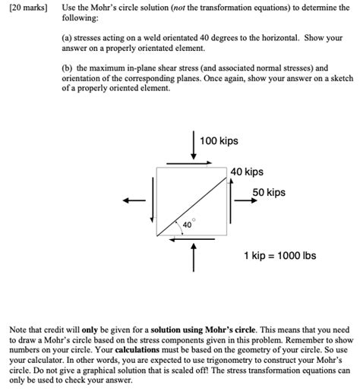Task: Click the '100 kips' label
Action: click(x=219, y=141)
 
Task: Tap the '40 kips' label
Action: click(x=248, y=172)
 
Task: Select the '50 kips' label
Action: click(x=269, y=193)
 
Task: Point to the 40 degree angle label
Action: click(x=186, y=225)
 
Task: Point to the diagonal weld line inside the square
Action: click(x=194, y=201)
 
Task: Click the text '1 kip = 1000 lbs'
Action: click(x=279, y=255)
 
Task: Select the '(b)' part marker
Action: click(x=67, y=67)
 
